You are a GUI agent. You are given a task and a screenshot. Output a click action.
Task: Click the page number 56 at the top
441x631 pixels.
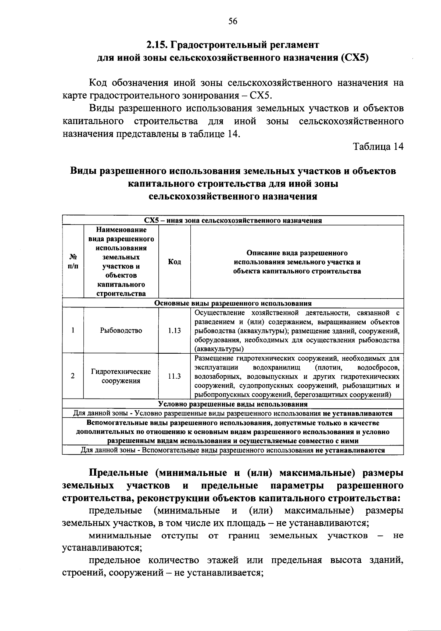click(x=233, y=21)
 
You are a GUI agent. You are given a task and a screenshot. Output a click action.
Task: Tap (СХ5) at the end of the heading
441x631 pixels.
click(x=355, y=58)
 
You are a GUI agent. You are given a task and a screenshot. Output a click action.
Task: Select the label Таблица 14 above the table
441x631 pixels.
click(x=378, y=146)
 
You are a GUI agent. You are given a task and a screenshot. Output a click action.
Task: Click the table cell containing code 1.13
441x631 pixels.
click(x=174, y=331)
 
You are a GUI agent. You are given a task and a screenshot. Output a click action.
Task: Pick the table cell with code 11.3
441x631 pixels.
click(x=174, y=376)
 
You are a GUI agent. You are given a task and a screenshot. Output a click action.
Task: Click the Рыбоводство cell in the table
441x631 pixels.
click(x=121, y=331)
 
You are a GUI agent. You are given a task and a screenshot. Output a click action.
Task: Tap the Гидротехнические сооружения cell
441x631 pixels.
click(x=121, y=376)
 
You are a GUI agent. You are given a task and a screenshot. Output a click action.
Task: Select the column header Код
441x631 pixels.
click(x=174, y=262)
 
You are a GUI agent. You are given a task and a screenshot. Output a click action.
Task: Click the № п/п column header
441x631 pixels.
click(x=73, y=262)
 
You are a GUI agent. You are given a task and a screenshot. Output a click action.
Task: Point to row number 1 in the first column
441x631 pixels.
click(x=73, y=331)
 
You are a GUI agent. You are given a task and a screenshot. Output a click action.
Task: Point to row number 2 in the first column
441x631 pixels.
click(x=73, y=376)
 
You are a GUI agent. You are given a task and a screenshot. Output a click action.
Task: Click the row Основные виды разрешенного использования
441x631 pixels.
click(x=233, y=303)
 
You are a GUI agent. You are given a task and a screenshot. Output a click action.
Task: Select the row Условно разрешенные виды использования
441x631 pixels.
click(x=233, y=404)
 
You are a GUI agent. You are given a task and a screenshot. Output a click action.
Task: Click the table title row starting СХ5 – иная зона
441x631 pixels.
click(x=233, y=220)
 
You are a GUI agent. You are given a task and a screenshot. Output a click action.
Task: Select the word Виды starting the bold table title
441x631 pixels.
click(x=83, y=171)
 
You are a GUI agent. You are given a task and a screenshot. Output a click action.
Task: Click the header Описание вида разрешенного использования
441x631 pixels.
click(x=297, y=262)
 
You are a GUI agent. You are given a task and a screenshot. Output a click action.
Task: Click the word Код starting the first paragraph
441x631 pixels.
click(x=98, y=83)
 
